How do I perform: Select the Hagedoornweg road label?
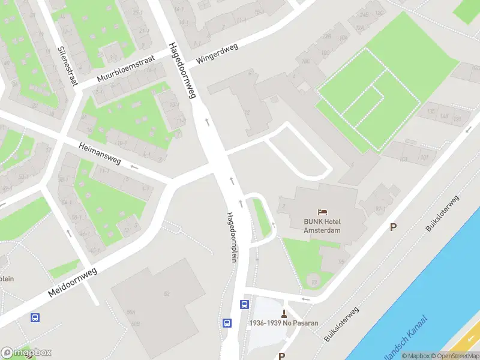click(x=182, y=70)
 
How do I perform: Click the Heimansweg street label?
click(x=100, y=153)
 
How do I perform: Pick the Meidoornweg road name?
click(x=73, y=282)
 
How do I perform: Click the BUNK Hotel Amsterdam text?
click(x=322, y=226)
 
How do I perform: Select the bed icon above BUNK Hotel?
click(x=323, y=212)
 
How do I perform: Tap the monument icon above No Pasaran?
click(x=284, y=313)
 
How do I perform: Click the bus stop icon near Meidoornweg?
click(x=35, y=317)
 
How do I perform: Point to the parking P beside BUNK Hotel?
click(x=394, y=227)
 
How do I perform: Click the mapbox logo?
click(x=26, y=353)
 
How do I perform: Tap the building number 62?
click(x=167, y=293)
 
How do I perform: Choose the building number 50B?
click(x=137, y=324)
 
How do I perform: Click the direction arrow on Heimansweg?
click(x=134, y=167)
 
